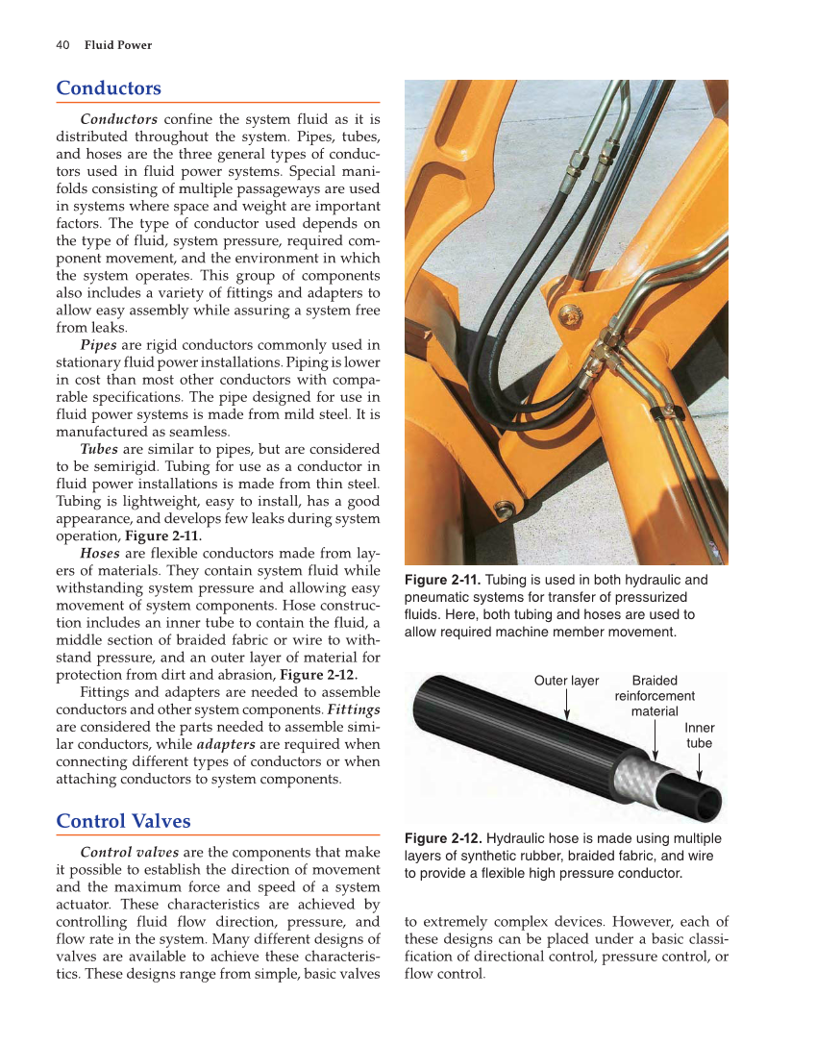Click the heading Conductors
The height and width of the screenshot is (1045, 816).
click(109, 88)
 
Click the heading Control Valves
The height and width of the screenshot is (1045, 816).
click(123, 821)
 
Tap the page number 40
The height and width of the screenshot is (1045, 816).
click(62, 45)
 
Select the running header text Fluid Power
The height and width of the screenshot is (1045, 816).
click(118, 45)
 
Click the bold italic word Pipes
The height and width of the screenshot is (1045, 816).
click(99, 345)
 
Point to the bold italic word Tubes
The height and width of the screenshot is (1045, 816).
click(99, 449)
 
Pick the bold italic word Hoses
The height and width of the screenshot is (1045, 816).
click(100, 554)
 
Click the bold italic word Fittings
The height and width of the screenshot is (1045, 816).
click(354, 709)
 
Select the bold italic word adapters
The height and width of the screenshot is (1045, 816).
click(226, 744)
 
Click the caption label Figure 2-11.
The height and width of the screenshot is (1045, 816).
click(444, 580)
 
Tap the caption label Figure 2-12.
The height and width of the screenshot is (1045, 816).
click(444, 838)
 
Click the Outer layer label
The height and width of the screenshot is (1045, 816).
click(566, 681)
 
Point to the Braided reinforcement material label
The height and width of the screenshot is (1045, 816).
click(655, 695)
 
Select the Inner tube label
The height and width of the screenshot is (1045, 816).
click(699, 735)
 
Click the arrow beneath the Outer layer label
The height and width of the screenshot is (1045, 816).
click(567, 708)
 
